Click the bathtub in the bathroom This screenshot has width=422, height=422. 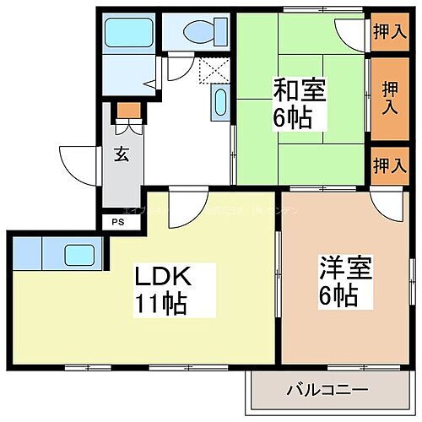tap(127, 33)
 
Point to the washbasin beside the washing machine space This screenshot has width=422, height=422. tap(220, 103)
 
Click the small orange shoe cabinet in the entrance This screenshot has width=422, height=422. tap(126, 109)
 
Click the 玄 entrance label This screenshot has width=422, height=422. tap(122, 154)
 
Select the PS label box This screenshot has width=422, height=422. tap(117, 222)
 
